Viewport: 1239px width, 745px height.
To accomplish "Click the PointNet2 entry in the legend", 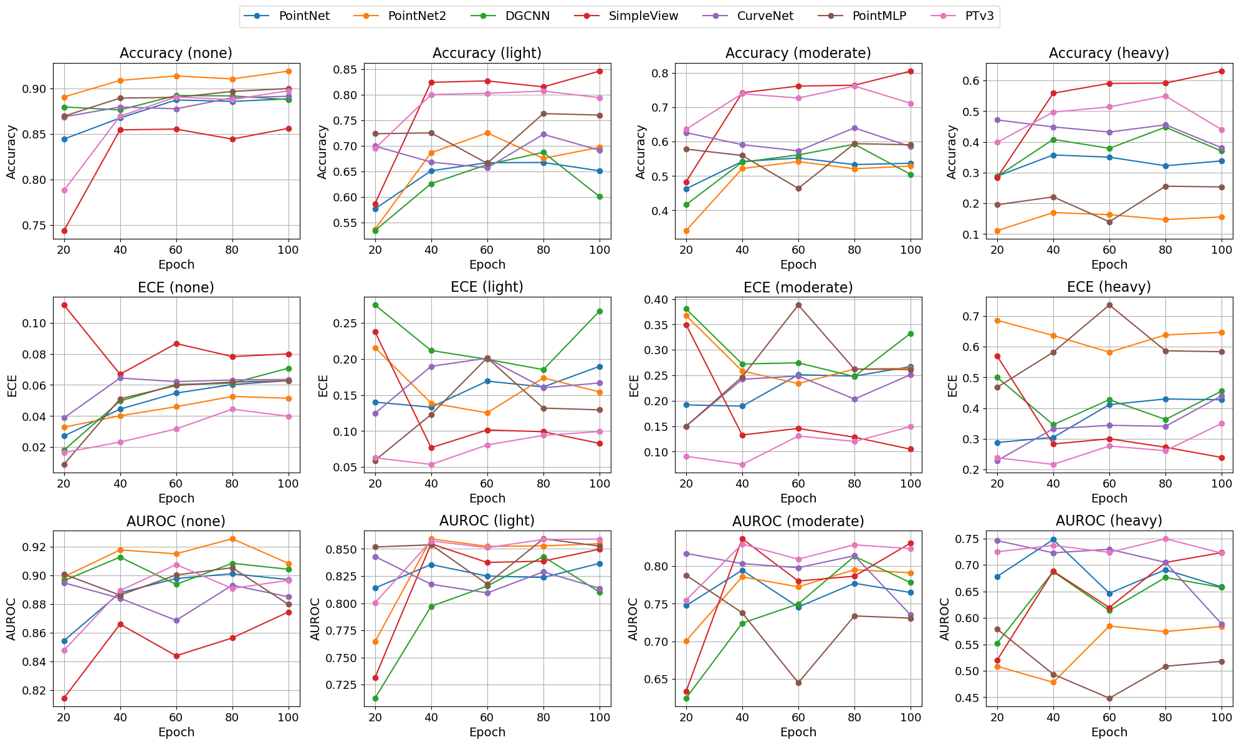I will (x=416, y=16).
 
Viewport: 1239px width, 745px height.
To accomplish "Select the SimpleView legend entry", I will (x=643, y=16).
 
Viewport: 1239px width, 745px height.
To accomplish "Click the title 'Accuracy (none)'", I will (x=176, y=53).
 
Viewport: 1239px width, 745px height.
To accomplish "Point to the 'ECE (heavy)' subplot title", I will (x=1109, y=287).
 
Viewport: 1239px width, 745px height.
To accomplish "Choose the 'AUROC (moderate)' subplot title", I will (x=798, y=521).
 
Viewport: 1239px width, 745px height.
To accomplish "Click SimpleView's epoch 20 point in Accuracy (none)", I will (x=64, y=231).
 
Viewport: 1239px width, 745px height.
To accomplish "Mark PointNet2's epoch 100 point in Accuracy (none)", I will (x=289, y=71).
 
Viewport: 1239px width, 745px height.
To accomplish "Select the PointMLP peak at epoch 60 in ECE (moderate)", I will (x=798, y=305).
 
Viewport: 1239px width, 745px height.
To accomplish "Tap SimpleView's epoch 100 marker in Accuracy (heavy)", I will (x=1222, y=71).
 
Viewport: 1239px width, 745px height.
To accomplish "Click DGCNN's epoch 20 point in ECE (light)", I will (x=375, y=305).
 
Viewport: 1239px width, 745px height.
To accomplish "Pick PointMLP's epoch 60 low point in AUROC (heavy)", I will (x=1109, y=698).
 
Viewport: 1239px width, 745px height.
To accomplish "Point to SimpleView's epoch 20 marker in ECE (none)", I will (x=64, y=305).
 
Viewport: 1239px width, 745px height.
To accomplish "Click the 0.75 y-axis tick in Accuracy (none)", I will (x=36, y=226).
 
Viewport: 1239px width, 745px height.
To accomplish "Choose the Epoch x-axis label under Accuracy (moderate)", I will (x=798, y=264).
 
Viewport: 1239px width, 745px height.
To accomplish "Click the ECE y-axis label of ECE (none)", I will (x=12, y=385).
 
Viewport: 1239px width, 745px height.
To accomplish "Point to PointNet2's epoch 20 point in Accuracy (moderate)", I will (x=686, y=231).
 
